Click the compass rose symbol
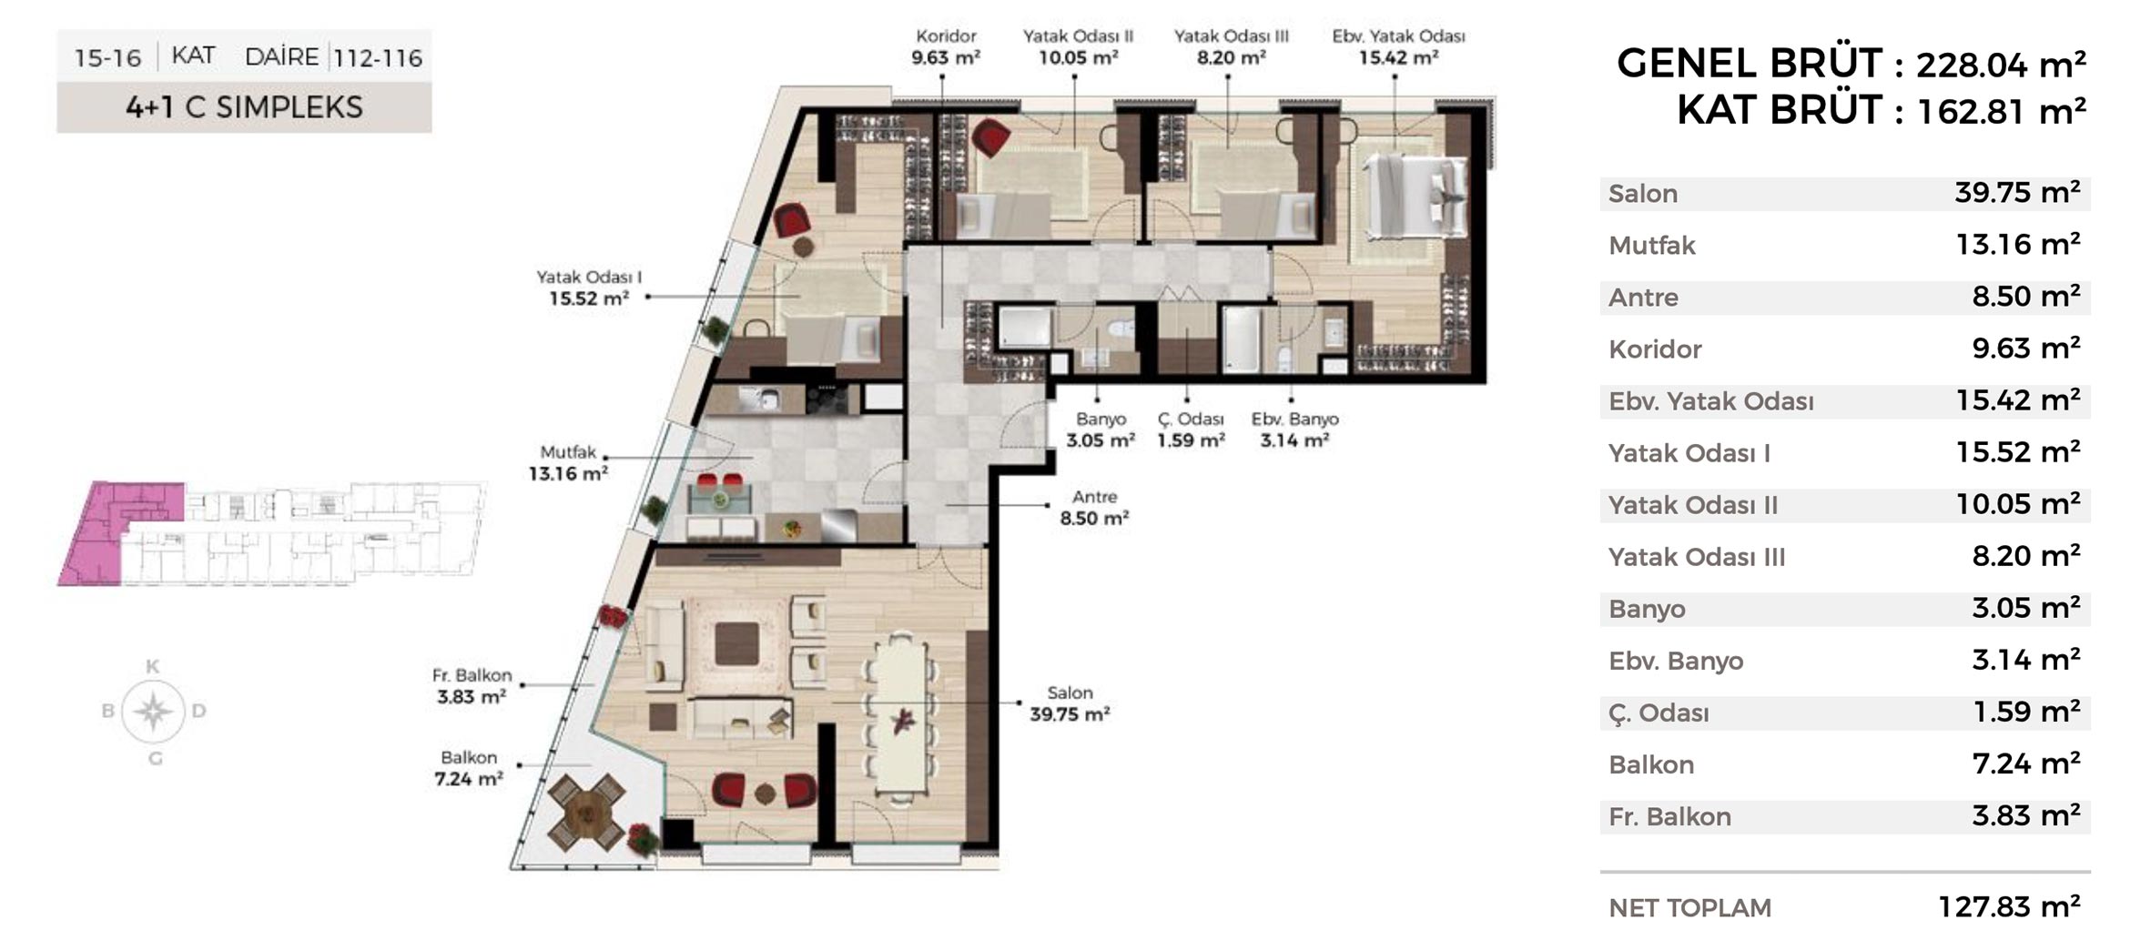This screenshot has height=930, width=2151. [x=154, y=711]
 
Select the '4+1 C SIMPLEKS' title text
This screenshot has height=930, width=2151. [x=244, y=107]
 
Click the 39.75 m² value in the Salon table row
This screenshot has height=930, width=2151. [x=2017, y=193]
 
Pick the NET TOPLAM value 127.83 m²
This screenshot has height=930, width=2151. [x=2009, y=906]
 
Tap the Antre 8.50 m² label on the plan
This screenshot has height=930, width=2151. [x=1094, y=508]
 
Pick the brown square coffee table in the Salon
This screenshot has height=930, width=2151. [x=736, y=644]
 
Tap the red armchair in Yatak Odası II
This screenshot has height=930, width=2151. [x=990, y=137]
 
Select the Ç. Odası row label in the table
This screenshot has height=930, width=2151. [x=1659, y=713]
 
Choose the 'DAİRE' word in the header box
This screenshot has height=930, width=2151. [x=281, y=57]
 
